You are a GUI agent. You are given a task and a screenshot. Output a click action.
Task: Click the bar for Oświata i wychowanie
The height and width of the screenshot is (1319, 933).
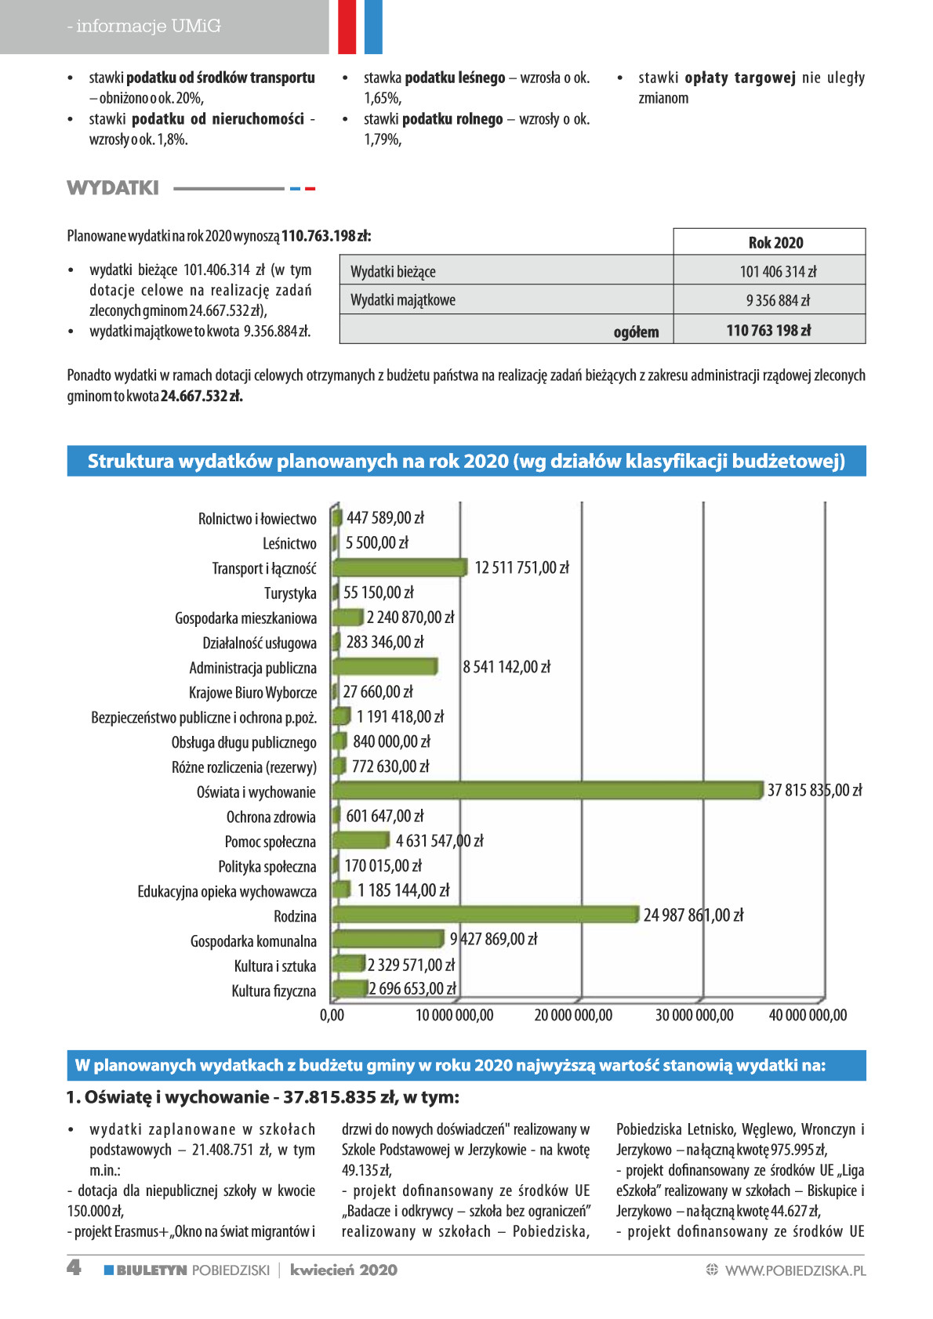tap(547, 790)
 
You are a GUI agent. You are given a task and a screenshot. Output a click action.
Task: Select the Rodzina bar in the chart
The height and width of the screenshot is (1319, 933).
tap(485, 915)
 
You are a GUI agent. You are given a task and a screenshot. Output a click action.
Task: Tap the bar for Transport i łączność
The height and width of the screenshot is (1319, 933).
tap(399, 567)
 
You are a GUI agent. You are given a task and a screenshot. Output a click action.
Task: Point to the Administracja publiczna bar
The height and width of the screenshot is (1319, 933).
tap(385, 666)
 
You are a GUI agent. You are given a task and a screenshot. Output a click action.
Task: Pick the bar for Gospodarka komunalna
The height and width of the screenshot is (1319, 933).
tap(387, 939)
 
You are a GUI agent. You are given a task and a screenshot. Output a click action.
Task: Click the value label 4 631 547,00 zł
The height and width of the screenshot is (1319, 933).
tap(439, 840)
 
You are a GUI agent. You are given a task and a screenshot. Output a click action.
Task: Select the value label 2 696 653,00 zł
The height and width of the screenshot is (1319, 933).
tap(412, 988)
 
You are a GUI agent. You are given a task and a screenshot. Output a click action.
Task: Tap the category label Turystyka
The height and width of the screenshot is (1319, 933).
tap(290, 593)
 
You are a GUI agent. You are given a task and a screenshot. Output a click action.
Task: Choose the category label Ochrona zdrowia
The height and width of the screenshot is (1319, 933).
tap(271, 817)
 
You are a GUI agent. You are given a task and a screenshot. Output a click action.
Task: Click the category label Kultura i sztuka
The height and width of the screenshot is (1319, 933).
tap(275, 966)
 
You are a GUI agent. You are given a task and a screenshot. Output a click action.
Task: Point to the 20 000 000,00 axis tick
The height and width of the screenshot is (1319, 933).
tap(573, 1015)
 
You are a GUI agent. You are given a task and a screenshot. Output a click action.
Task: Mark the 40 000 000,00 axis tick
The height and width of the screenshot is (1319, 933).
tap(808, 1015)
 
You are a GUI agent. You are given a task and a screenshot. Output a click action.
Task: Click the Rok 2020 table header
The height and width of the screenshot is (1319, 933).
tap(775, 243)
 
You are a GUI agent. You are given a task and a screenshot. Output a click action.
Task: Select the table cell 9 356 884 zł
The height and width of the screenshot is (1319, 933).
tap(778, 300)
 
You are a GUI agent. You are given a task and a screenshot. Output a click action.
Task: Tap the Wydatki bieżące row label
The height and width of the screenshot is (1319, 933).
tap(393, 272)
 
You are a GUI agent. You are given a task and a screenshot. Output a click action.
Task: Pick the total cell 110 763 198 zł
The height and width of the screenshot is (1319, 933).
tap(768, 331)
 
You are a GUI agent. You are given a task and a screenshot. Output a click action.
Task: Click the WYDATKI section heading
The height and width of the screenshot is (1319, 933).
tap(112, 188)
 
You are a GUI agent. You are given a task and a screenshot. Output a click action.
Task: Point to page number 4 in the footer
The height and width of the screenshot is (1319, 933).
tap(74, 1268)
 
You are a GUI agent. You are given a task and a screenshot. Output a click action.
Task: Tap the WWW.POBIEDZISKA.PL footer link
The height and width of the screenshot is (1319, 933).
tap(795, 1270)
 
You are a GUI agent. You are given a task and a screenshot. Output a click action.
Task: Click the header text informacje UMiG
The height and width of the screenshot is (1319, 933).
tap(148, 26)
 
